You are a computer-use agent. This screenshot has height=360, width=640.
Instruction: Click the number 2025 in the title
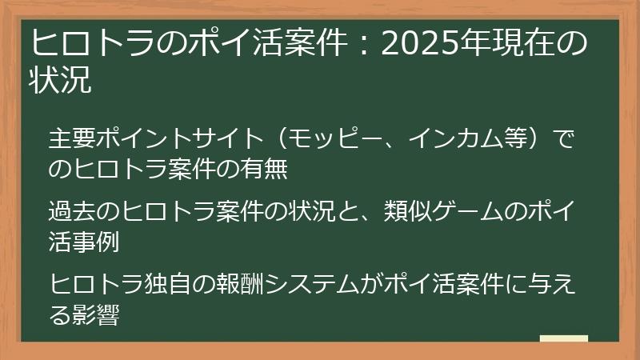(x=421, y=43)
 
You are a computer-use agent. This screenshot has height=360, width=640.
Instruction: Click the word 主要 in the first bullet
(x=72, y=138)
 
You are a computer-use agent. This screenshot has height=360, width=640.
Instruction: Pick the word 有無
(x=264, y=168)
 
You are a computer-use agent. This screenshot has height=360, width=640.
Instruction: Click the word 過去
(x=72, y=211)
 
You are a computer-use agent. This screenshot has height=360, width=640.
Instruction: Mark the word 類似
(x=407, y=211)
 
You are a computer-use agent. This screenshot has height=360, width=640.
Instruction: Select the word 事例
(x=96, y=242)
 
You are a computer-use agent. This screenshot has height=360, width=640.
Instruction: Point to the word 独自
(x=168, y=284)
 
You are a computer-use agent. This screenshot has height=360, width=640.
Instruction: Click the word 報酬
(x=240, y=284)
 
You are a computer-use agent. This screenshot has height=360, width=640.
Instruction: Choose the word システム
(x=312, y=284)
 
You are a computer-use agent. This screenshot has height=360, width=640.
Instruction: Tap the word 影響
(x=96, y=314)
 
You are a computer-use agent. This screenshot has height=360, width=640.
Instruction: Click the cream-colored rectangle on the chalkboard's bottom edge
(x=564, y=338)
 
